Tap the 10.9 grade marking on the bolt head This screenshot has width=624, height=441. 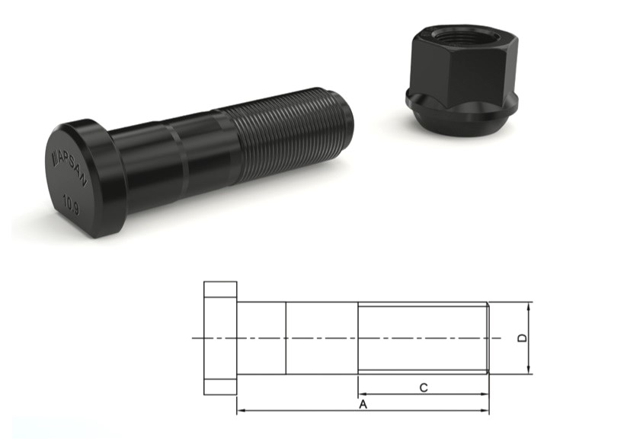click(x=72, y=205)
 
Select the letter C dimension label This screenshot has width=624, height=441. click(x=424, y=388)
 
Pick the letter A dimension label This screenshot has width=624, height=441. click(x=363, y=404)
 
